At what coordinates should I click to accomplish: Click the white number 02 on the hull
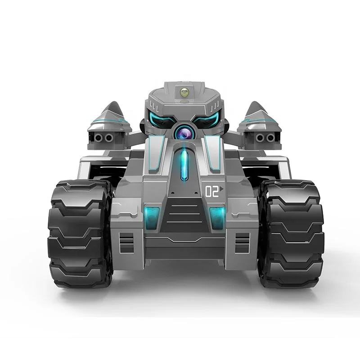pyautogui.click(x=211, y=192)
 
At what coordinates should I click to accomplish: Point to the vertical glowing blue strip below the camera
pyautogui.click(x=184, y=165)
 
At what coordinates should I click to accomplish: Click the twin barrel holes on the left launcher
pyautogui.click(x=104, y=138)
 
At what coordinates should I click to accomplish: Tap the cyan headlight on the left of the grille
pyautogui.click(x=152, y=216)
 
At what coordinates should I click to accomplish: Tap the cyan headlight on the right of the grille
pyautogui.click(x=217, y=216)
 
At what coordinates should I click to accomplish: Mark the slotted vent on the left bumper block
pyautogui.click(x=126, y=243)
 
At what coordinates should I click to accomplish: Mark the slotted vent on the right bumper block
pyautogui.click(x=242, y=243)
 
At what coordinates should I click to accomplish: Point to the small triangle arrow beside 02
pyautogui.click(x=222, y=190)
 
